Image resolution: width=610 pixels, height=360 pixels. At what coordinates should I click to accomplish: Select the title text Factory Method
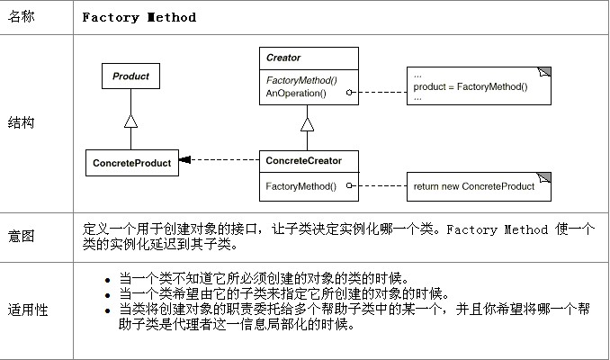click(x=139, y=17)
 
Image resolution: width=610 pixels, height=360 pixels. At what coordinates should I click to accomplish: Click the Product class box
click(x=130, y=76)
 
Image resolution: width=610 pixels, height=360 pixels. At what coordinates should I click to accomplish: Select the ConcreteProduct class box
click(x=131, y=162)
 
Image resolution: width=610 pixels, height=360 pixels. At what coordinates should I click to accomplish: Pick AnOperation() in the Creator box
click(x=294, y=92)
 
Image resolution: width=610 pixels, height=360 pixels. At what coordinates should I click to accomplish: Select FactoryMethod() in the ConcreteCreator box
click(x=301, y=187)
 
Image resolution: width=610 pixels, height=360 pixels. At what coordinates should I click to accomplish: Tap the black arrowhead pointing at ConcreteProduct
click(x=184, y=162)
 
